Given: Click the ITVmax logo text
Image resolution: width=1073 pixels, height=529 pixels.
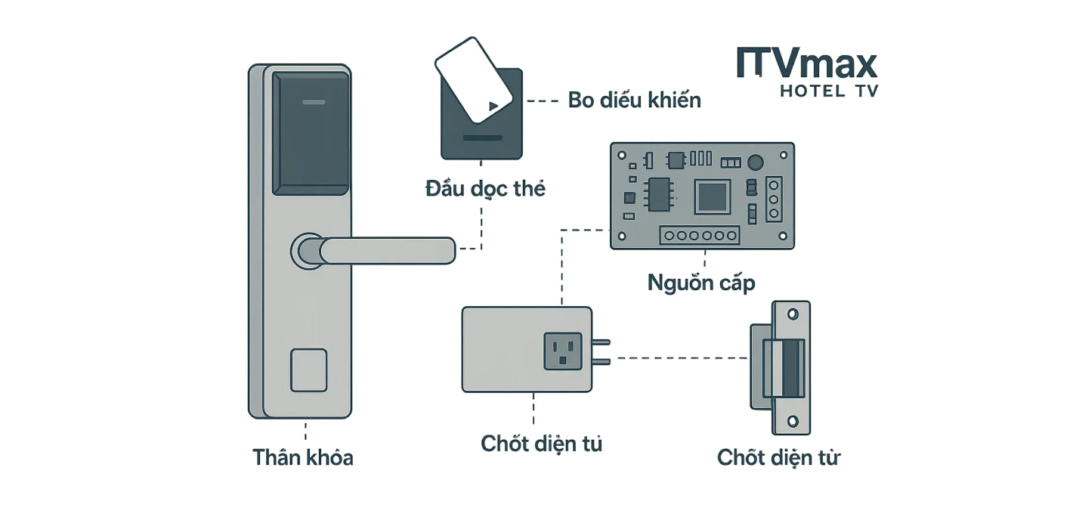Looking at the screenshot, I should (806, 63).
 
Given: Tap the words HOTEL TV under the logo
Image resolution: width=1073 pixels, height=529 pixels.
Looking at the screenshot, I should (828, 91).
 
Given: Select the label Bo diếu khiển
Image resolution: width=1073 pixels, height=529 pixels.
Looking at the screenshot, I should (634, 101).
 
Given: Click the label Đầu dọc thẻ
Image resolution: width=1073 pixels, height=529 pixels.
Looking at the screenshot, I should (484, 189).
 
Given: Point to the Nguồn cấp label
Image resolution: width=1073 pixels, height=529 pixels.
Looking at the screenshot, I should (700, 283).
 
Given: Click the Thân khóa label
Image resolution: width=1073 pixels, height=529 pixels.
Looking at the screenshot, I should (303, 458).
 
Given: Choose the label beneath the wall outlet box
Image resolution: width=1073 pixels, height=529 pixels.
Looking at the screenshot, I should (541, 444).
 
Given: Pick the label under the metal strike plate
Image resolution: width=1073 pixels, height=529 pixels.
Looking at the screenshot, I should (778, 458).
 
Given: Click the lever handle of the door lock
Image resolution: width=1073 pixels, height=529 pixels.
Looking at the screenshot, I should (385, 250).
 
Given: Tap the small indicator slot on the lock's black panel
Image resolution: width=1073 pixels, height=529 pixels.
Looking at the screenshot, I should (311, 101).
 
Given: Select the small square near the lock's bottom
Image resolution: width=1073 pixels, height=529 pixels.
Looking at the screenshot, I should (308, 370).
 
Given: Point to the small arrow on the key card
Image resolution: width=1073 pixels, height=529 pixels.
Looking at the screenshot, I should (493, 107).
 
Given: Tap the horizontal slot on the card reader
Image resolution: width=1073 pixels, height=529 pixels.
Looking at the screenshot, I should (482, 138).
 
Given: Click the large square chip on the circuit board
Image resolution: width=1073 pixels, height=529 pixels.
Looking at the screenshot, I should (712, 198).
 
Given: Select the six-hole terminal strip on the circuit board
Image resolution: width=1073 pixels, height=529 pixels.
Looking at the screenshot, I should (700, 236).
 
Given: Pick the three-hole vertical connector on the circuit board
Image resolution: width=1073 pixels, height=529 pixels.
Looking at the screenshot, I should (773, 200).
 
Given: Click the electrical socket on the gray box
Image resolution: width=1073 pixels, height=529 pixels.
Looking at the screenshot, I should (562, 351).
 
